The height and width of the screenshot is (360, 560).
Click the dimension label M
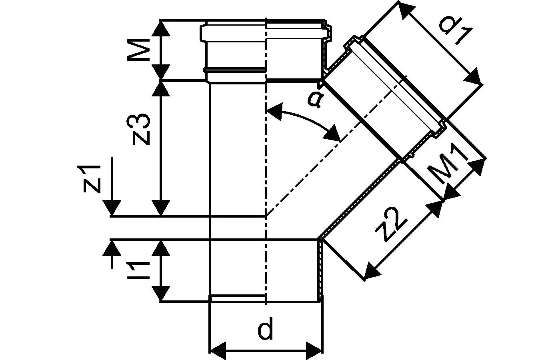(x=138, y=50)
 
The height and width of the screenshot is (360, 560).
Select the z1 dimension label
(x=92, y=178)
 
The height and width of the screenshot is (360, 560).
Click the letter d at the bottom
(x=265, y=330)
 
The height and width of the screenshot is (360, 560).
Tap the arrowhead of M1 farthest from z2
(x=478, y=166)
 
